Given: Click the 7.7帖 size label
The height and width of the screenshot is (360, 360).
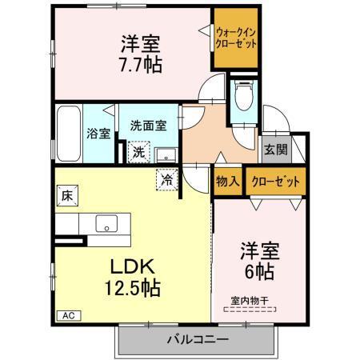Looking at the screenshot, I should [x=142, y=64].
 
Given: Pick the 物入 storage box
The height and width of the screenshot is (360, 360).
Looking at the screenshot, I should [x=227, y=181].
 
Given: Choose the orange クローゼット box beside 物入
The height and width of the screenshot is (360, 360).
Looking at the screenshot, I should [x=275, y=181].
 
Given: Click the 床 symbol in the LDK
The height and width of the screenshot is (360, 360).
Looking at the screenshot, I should [x=67, y=194].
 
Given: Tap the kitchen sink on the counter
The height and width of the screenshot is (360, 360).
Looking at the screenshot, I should [x=106, y=222].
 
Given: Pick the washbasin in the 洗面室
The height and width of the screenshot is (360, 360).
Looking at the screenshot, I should [x=165, y=153].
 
